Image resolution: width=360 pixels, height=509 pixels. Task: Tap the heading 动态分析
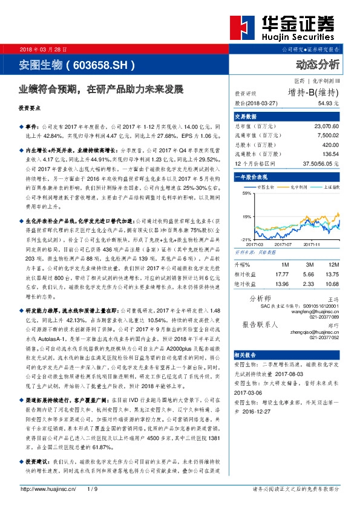tap(318, 64)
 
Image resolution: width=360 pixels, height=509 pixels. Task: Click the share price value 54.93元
tap(328, 104)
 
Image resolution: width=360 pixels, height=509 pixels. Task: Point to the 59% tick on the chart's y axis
tap(246, 193)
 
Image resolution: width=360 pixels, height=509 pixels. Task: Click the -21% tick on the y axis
tap(245, 239)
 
